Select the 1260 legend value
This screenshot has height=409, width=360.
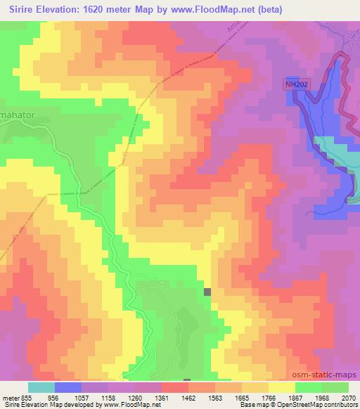(x=134, y=397)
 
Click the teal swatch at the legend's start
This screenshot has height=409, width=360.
(x=41, y=387)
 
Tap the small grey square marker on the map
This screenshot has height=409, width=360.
(x=207, y=292)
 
